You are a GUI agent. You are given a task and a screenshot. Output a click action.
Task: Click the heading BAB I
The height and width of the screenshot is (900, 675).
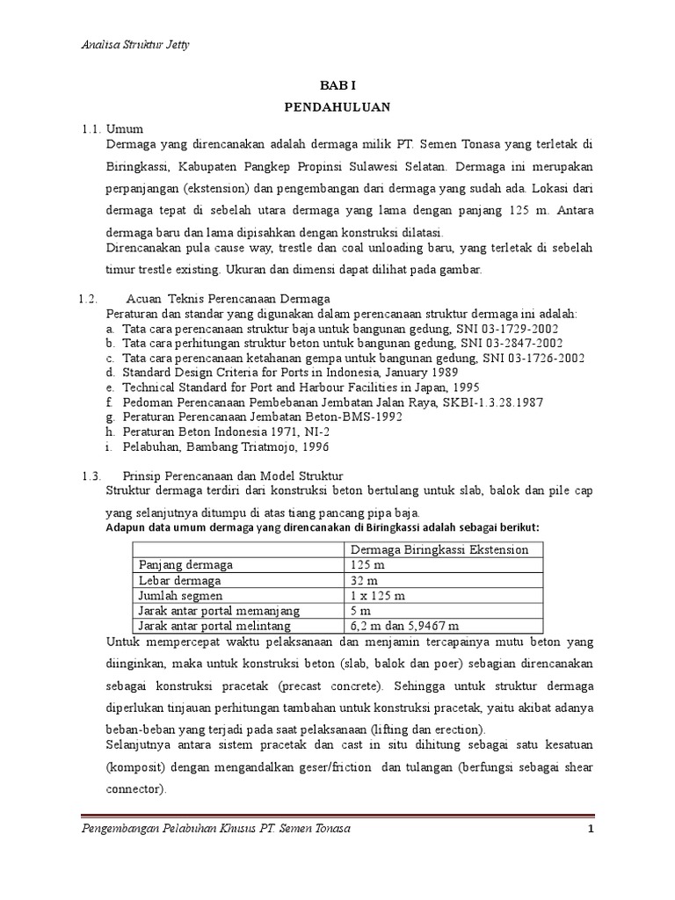(x=337, y=86)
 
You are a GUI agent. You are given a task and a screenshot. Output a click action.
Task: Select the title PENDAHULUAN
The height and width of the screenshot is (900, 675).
(x=337, y=107)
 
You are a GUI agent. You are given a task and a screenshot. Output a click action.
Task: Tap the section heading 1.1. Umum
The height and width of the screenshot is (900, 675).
(x=112, y=128)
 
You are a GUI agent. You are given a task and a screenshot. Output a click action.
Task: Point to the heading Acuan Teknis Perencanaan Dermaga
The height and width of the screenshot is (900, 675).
(x=228, y=298)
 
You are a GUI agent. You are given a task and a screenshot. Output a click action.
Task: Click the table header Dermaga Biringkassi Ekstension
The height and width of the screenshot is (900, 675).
(x=439, y=549)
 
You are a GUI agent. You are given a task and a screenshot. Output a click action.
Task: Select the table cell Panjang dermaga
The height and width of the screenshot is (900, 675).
(x=182, y=565)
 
